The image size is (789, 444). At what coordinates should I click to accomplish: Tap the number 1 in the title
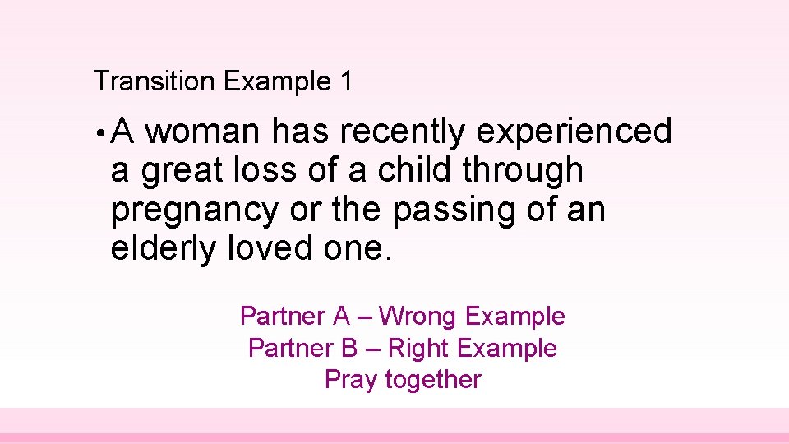346,81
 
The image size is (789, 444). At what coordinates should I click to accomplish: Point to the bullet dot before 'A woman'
99,133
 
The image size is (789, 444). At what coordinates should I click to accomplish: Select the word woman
205,132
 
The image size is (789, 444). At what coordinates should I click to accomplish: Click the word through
523,171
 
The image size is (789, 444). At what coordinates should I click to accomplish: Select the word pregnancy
195,210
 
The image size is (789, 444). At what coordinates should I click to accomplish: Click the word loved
265,249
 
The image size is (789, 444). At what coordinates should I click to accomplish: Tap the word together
433,380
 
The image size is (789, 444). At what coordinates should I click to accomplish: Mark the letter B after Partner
348,348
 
